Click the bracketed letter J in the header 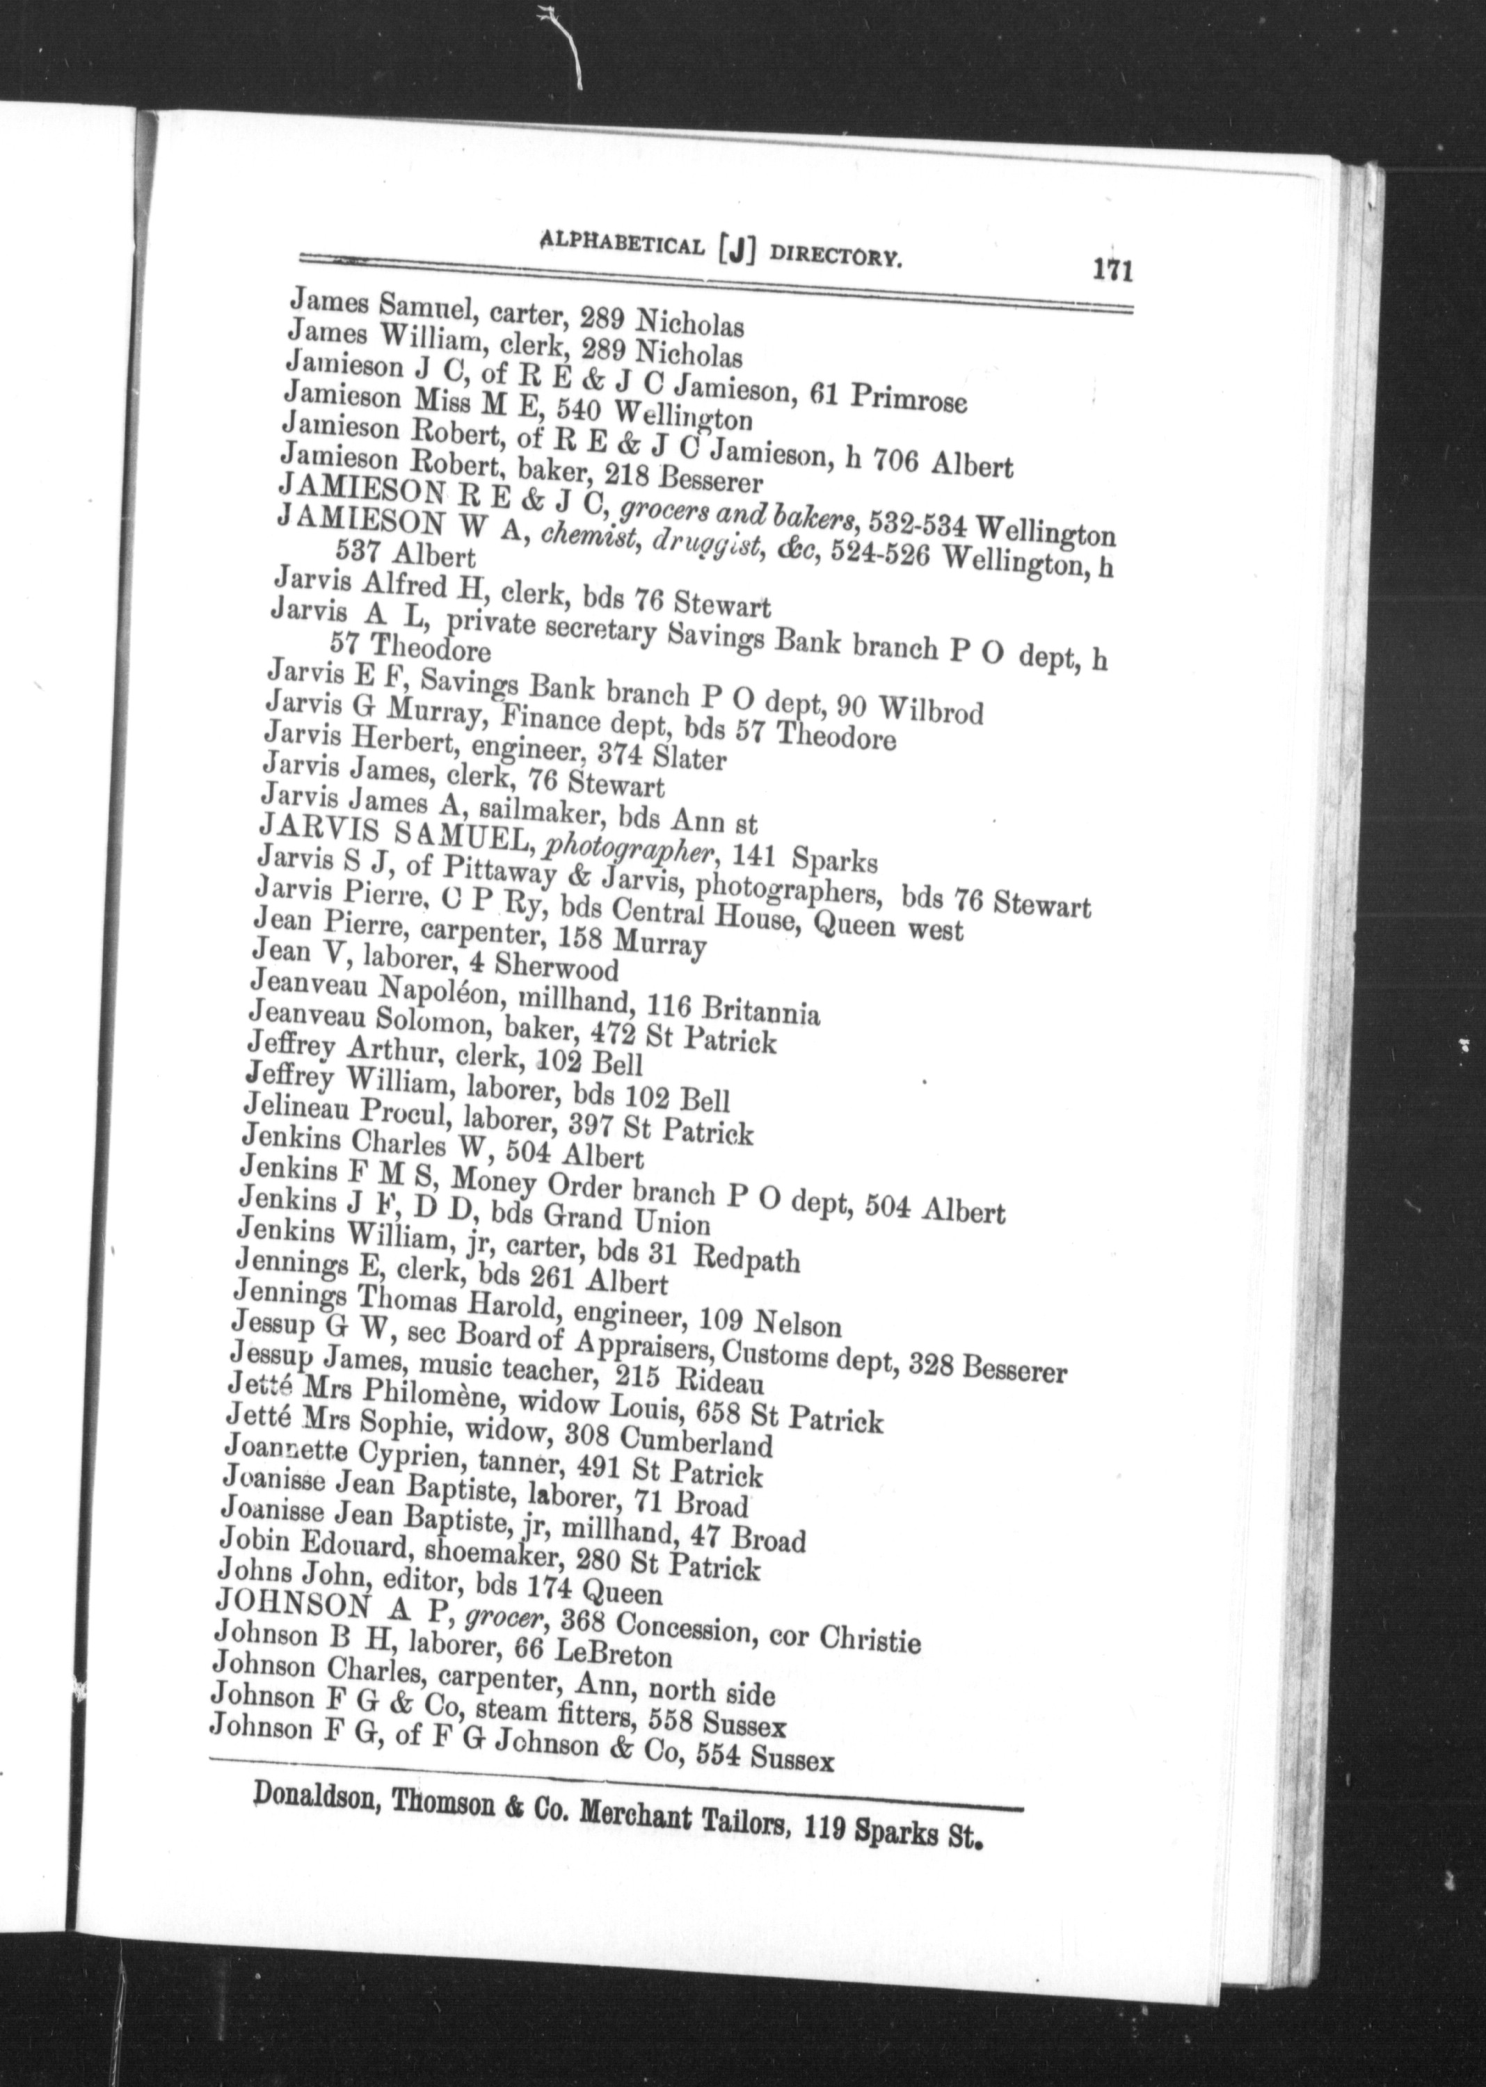pos(735,250)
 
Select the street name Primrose pos(908,398)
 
